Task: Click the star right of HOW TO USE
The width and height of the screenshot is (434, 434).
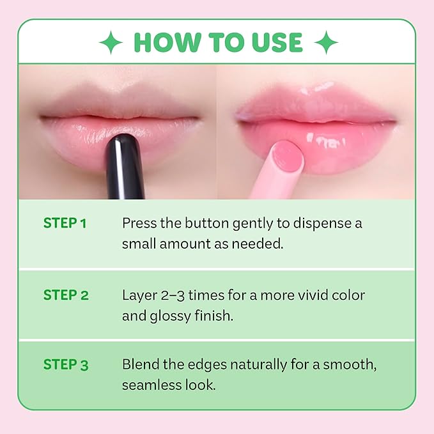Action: (x=326, y=43)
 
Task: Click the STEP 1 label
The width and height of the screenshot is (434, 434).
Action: (x=65, y=223)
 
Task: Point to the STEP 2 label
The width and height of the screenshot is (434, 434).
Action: (x=65, y=295)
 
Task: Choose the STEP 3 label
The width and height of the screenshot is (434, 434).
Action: (x=65, y=365)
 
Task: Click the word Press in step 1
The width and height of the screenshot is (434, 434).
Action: (x=138, y=224)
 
